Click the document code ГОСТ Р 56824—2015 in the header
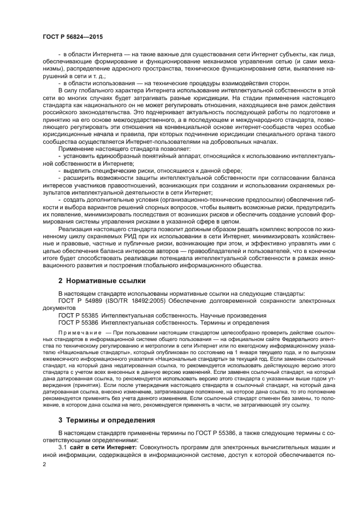point(72,36)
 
